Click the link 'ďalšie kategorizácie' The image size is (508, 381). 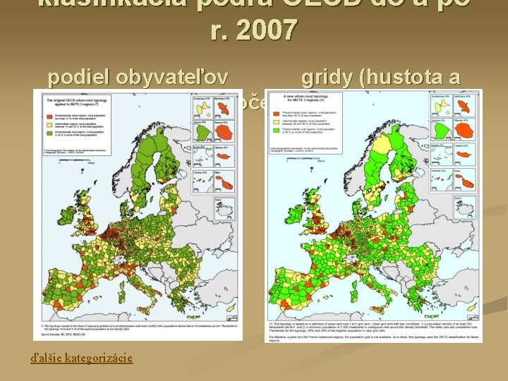click(81, 358)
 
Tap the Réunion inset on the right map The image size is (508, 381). click(467, 131)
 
